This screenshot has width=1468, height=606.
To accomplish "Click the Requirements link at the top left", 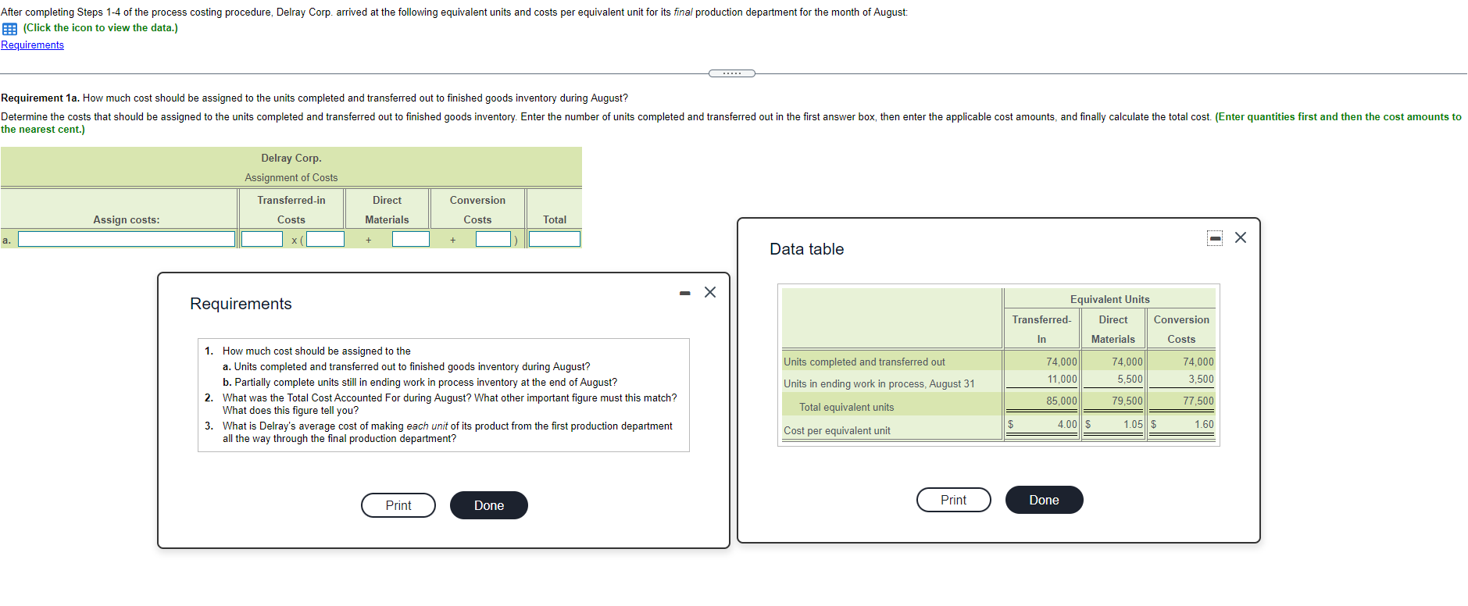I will coord(32,45).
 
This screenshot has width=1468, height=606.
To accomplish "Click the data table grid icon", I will coord(9,29).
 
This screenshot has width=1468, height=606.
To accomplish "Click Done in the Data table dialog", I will coord(1044,500).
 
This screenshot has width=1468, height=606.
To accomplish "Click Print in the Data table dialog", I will coord(953,500).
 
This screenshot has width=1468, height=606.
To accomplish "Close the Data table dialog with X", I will coord(1241,237).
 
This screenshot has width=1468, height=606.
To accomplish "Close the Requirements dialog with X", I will coord(709,292).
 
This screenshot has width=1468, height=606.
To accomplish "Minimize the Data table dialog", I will coord(1215,238).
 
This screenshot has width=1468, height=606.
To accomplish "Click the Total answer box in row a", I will coord(554,239).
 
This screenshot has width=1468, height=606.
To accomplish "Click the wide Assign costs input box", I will coord(127,239).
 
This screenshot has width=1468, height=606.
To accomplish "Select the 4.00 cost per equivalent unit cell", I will coord(1066,424).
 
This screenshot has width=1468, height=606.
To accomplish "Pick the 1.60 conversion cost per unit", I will coord(1203,424).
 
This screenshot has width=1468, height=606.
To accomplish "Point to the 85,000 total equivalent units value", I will coord(1061,401).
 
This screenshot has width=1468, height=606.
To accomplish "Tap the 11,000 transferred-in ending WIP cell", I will coord(1062,379).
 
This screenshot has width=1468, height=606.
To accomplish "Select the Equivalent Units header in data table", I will coord(1109,299).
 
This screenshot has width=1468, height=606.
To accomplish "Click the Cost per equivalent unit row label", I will coord(837,430).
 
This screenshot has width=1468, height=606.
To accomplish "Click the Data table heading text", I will coord(806,249).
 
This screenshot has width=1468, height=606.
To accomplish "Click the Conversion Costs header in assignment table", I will coord(477,209).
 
